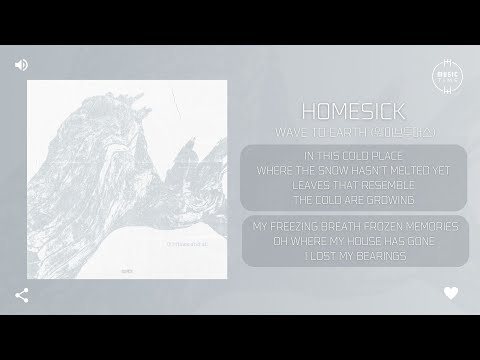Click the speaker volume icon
(21, 64)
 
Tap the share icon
(21, 295)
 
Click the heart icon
(451, 294)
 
